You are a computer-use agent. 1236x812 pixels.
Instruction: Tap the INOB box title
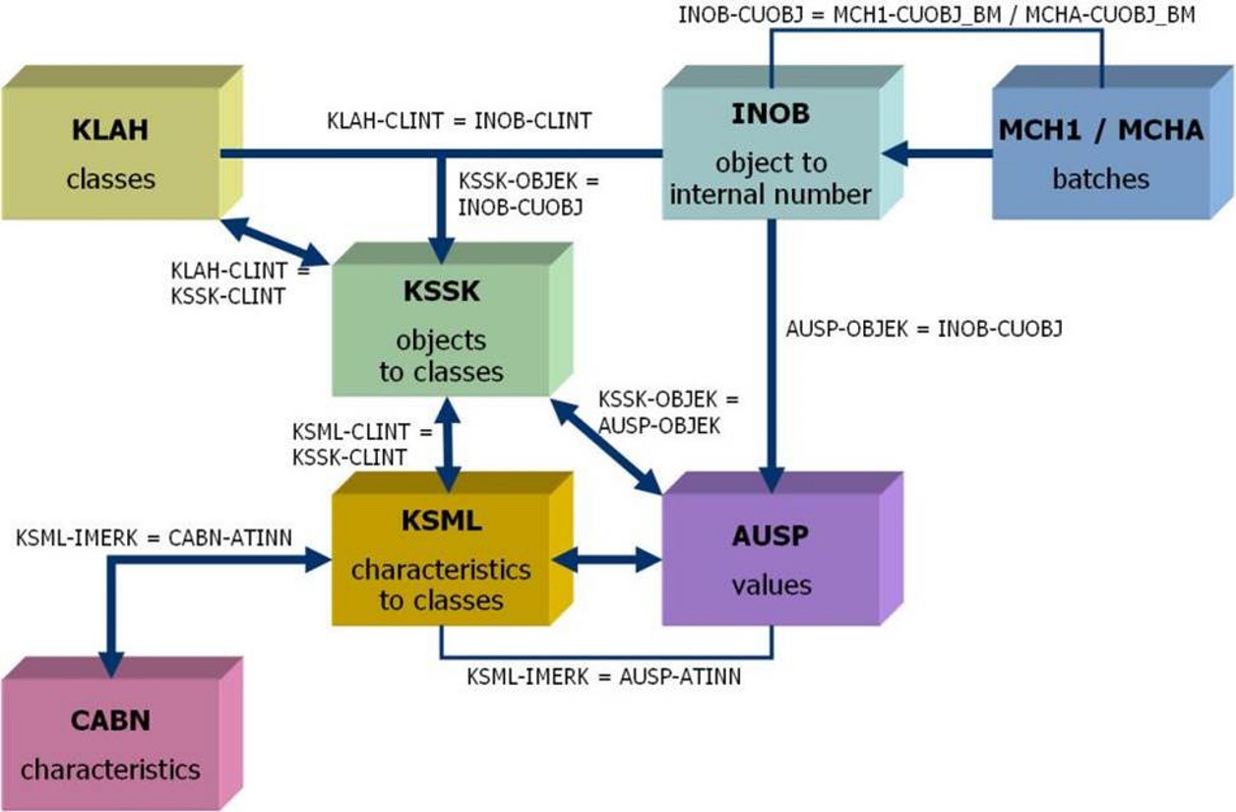771,113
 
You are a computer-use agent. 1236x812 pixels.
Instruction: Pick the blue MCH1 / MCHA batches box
1100,154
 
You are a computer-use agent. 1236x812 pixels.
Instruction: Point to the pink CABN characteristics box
110,743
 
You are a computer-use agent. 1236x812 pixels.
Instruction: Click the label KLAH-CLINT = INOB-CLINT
460,121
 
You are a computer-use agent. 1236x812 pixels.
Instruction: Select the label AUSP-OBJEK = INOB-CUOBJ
924,330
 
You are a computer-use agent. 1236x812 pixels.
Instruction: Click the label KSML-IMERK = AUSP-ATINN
604,676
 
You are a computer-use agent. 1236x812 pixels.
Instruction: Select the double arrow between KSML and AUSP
606,560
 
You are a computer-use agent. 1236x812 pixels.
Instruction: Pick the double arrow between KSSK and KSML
449,444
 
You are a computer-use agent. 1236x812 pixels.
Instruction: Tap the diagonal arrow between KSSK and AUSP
606,446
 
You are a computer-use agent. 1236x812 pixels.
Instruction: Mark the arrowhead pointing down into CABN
110,661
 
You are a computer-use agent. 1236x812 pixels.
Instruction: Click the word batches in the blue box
1100,179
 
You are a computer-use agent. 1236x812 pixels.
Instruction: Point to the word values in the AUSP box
771,585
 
